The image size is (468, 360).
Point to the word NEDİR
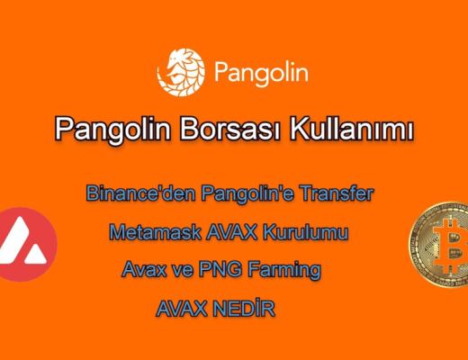pos(244,308)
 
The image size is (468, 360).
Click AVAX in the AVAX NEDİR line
pos(182,308)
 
